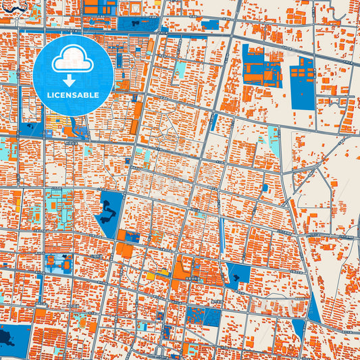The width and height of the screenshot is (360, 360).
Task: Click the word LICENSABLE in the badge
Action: pos(73,95)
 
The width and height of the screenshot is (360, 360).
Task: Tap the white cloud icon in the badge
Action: pos(73,59)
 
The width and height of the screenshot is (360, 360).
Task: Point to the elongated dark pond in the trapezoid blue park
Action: pos(108,215)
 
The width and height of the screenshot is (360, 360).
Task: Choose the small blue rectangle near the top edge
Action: pos(211,25)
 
